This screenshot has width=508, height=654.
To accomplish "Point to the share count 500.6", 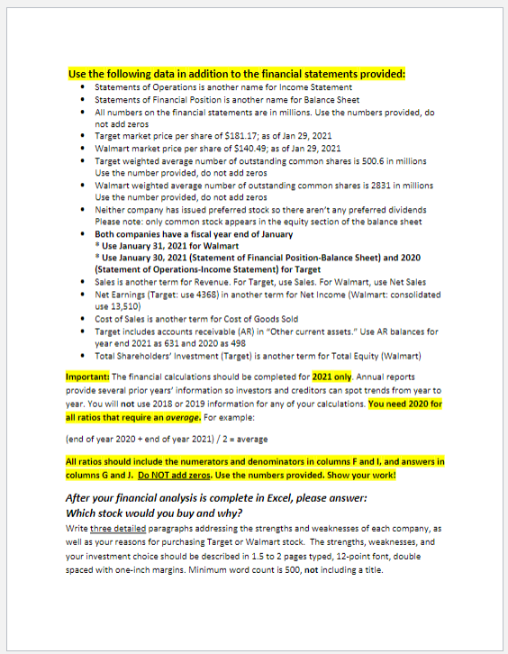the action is pos(373,160).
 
